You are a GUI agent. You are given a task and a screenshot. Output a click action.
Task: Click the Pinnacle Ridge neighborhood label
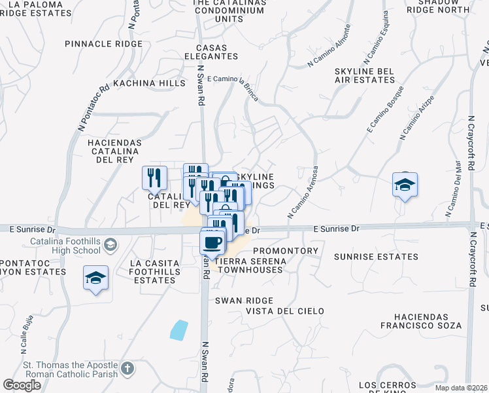(x=103, y=44)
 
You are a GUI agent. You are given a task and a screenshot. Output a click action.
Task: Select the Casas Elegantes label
(x=201, y=52)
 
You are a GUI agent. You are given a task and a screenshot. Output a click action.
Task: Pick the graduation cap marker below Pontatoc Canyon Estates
(x=95, y=278)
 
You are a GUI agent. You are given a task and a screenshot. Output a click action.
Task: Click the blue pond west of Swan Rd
(x=178, y=329)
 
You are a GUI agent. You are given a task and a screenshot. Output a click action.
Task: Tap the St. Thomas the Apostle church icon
(x=127, y=369)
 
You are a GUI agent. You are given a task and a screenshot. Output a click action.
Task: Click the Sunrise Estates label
(x=365, y=257)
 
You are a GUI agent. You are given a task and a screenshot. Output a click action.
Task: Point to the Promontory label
(x=285, y=251)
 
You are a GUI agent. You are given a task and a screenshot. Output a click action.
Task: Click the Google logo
(x=22, y=385)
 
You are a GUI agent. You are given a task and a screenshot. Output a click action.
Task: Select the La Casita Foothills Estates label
(x=152, y=272)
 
